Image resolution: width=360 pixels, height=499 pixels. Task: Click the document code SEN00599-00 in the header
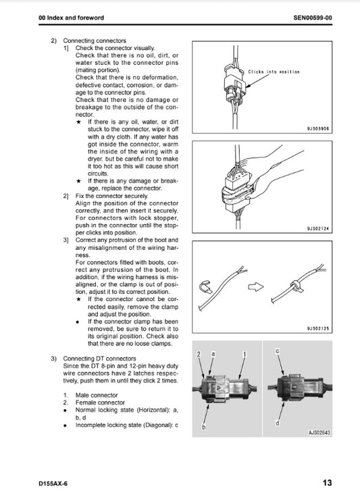point(313,18)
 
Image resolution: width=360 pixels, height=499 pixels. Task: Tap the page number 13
point(327,483)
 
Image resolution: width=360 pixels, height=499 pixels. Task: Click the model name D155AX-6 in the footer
point(53,483)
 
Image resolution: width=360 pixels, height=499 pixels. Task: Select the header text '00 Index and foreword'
point(72,18)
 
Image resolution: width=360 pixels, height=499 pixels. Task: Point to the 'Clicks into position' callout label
point(274,72)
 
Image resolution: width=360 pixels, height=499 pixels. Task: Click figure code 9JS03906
point(318,129)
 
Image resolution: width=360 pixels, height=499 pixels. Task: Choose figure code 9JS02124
point(318,228)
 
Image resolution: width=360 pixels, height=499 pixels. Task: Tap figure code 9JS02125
point(318,328)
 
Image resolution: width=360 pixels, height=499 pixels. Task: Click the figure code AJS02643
point(319,432)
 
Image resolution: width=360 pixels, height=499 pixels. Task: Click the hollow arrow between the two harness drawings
point(255,287)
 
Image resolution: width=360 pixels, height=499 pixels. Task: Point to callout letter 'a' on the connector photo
point(213,354)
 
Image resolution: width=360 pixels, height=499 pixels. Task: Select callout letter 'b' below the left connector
point(204,427)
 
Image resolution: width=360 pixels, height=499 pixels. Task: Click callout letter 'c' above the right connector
point(277,350)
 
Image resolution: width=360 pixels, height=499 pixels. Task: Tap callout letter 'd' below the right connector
point(277,423)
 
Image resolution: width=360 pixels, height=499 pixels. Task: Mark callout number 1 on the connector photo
point(245,354)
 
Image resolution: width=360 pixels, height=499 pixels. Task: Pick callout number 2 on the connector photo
point(199,354)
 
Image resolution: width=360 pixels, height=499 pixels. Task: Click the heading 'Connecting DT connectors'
point(99,359)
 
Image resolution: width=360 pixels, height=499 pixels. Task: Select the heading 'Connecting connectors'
point(95,41)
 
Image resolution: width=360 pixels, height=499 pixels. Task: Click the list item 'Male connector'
point(97,395)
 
